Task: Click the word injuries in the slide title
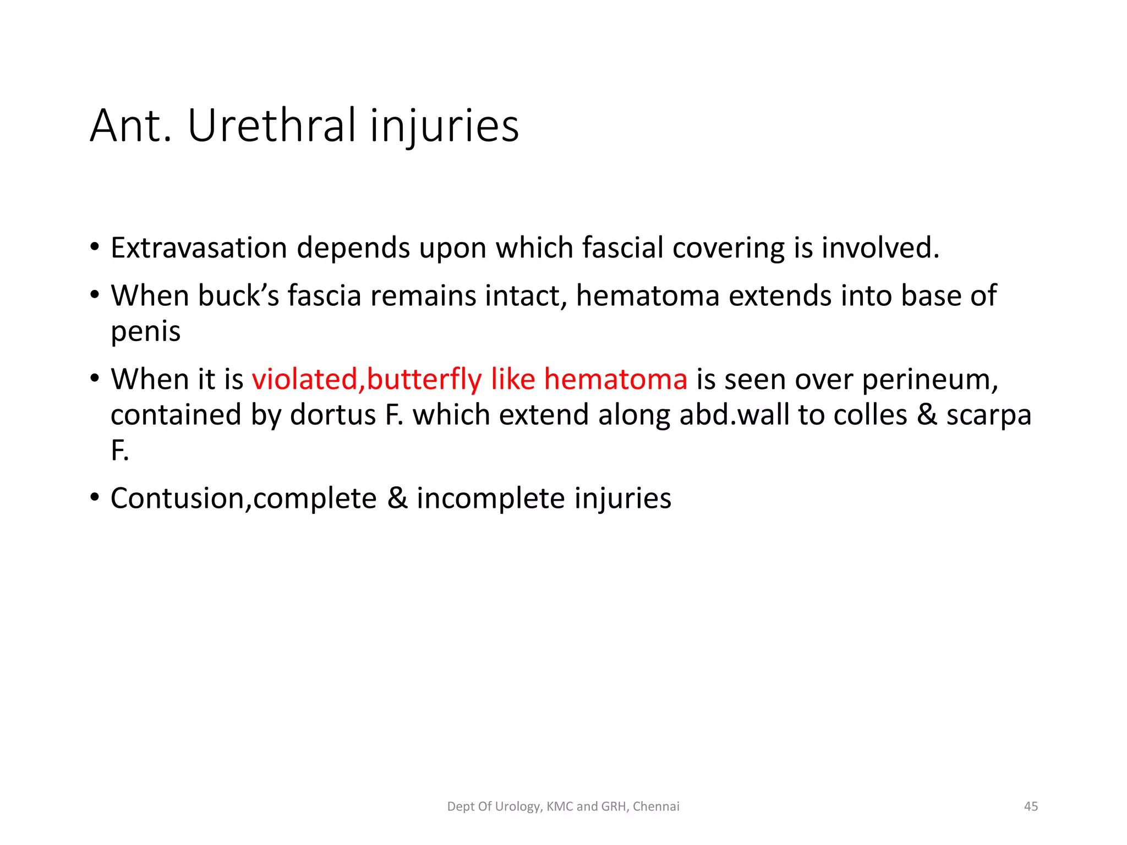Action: [444, 126]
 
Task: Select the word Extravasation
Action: [199, 248]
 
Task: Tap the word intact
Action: [526, 296]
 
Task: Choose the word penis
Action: [145, 332]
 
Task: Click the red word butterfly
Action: [424, 380]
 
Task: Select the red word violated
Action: [305, 380]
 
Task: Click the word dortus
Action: [332, 415]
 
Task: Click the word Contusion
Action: [177, 499]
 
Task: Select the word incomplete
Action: [490, 499]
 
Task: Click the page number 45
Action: [1031, 806]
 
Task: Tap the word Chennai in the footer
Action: [656, 806]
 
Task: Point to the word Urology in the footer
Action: [517, 807]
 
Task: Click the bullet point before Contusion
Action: [95, 497]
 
